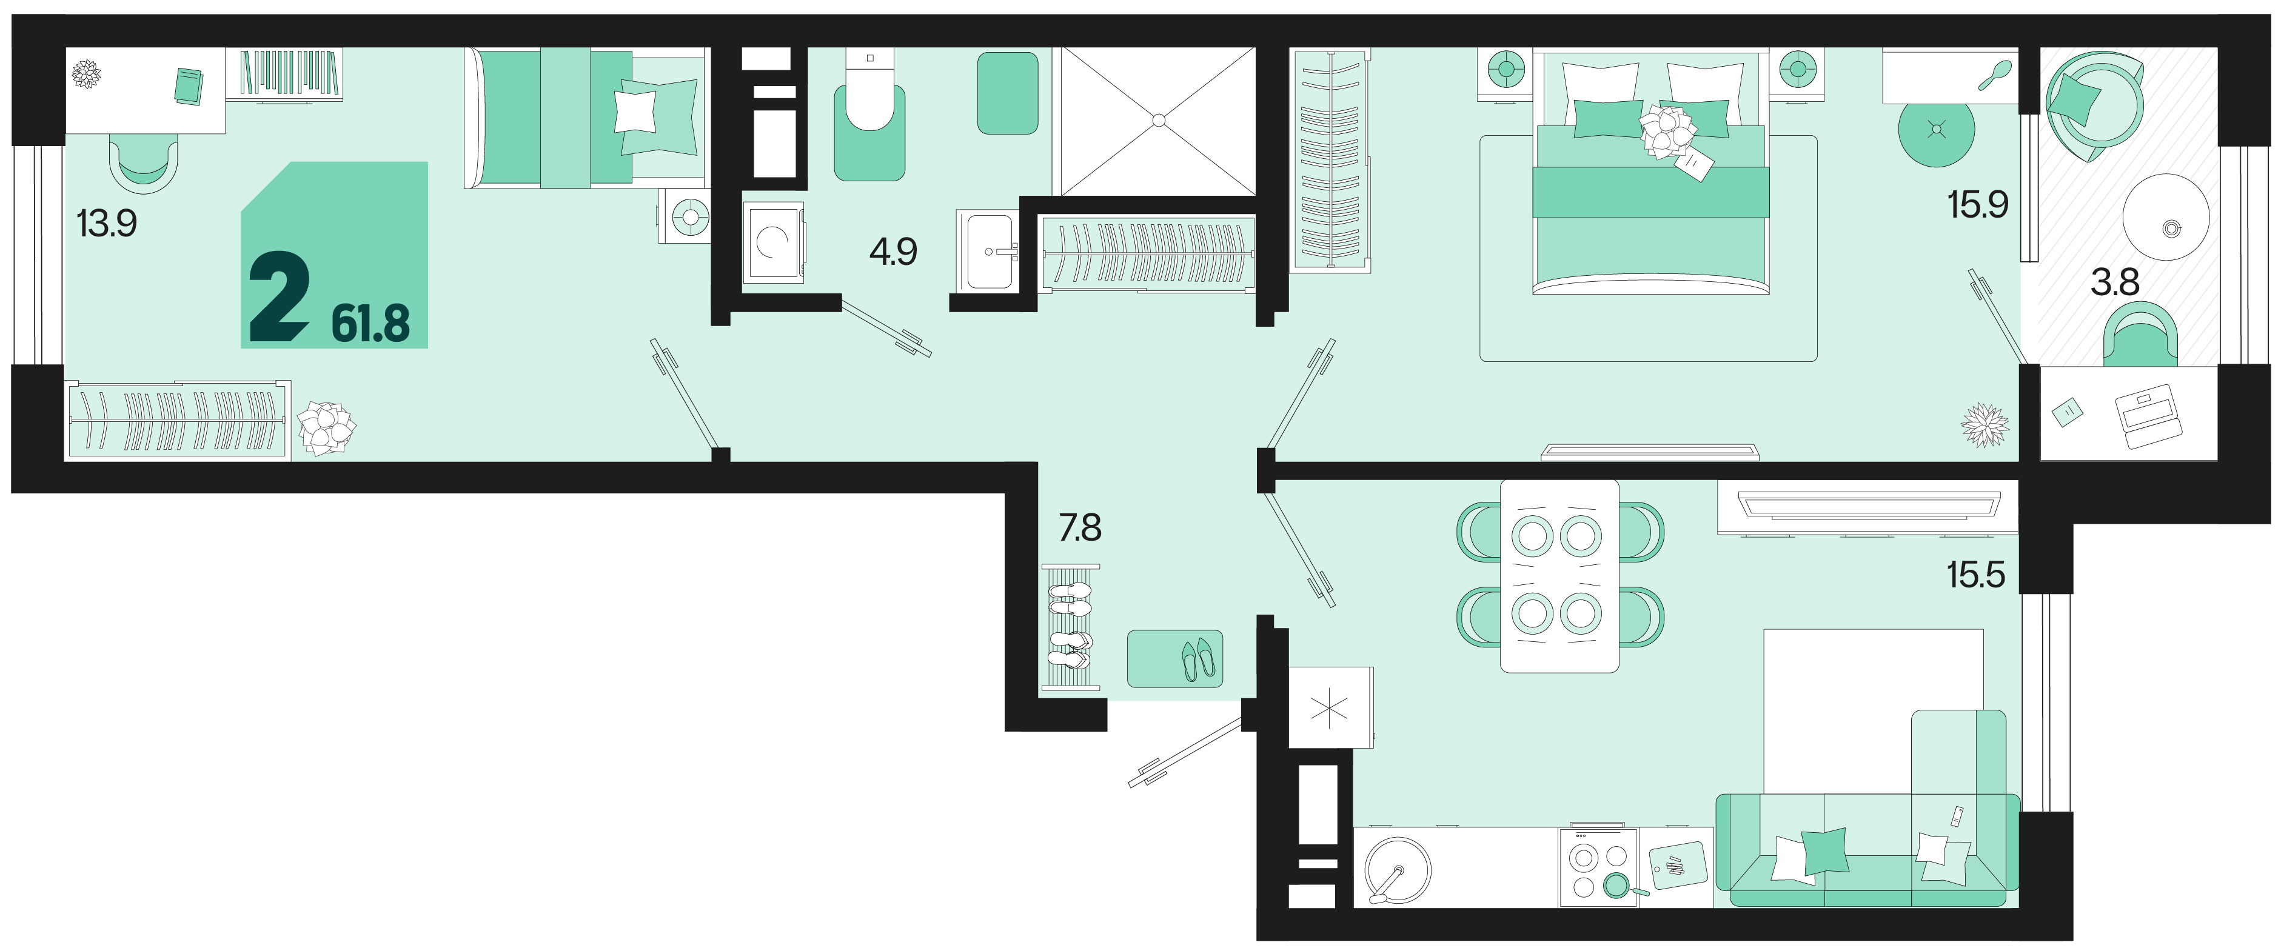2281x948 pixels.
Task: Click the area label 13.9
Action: click(107, 223)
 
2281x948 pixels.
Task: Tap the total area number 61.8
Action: click(370, 323)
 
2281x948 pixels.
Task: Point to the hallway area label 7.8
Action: click(1080, 527)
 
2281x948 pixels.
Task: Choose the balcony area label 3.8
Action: click(2114, 282)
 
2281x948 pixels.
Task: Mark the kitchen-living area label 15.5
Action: click(1975, 575)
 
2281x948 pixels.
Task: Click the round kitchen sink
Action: click(1398, 869)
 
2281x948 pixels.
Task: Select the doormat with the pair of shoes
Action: click(1174, 658)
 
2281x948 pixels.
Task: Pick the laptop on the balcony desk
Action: click(2148, 415)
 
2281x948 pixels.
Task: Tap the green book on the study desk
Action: click(188, 87)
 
